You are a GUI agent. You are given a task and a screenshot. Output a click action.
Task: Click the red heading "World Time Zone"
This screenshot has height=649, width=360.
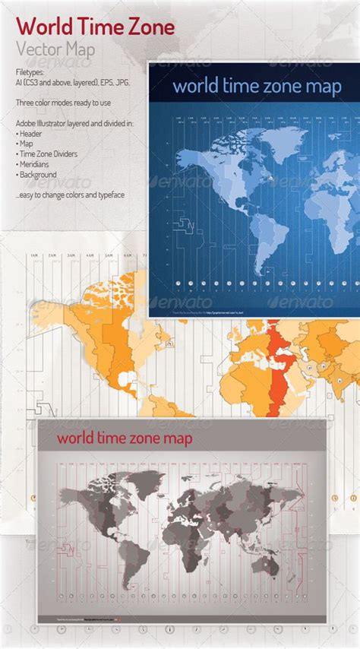[x=95, y=28]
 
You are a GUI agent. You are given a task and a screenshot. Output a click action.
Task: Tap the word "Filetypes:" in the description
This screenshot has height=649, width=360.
[x=30, y=71]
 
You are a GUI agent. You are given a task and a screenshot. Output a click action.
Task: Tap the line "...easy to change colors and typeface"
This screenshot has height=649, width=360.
[x=69, y=195]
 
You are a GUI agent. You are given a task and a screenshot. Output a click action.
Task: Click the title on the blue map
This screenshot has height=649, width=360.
[x=257, y=86]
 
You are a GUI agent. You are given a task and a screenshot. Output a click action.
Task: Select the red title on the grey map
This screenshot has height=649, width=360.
[x=125, y=438]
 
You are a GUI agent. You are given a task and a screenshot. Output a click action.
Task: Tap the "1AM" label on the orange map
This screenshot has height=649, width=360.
[x=34, y=256]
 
